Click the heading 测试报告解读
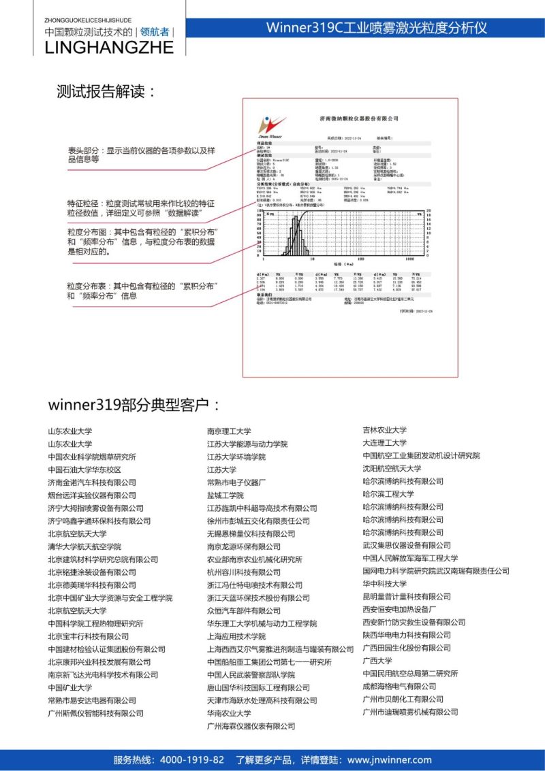pyautogui.click(x=106, y=93)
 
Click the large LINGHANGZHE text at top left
pyautogui.click(x=109, y=47)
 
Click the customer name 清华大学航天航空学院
pyautogui.click(x=84, y=546)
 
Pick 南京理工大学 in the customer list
pyautogui.click(x=229, y=431)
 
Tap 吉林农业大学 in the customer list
pyautogui.click(x=384, y=430)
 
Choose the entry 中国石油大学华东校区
pyautogui.click(x=84, y=470)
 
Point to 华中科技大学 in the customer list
pyautogui.click(x=384, y=584)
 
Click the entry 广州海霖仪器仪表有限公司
pyautogui.click(x=251, y=726)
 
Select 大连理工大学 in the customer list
pyautogui.click(x=384, y=443)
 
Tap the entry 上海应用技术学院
pyautogui.click(x=236, y=636)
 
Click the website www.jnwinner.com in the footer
pyautogui.click(x=389, y=760)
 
